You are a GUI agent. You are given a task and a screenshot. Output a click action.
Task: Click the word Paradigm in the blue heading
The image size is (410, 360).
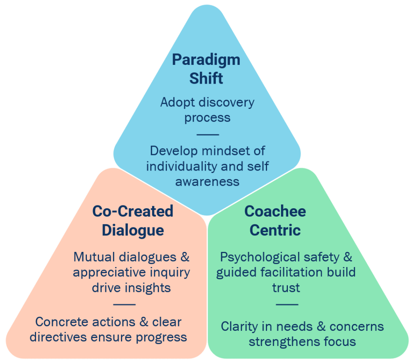tap(206, 60)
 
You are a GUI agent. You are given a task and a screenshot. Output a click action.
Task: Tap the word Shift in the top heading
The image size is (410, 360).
tap(206, 78)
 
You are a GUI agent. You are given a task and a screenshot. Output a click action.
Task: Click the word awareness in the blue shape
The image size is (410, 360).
tap(207, 181)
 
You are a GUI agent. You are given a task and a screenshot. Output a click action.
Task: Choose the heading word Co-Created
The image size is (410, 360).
tap(133, 211)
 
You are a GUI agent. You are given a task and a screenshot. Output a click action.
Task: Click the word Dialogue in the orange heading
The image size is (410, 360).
tap(133, 230)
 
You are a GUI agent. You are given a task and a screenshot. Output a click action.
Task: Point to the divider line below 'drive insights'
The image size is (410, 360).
tap(124, 304)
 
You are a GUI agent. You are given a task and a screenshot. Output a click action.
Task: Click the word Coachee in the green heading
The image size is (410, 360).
tap(275, 211)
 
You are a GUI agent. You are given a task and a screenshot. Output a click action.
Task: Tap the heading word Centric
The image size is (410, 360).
tap(275, 230)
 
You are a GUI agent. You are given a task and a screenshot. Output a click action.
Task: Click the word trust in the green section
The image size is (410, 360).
tap(286, 288)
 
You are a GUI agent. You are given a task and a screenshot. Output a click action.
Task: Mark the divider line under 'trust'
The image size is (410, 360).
tap(287, 304)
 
